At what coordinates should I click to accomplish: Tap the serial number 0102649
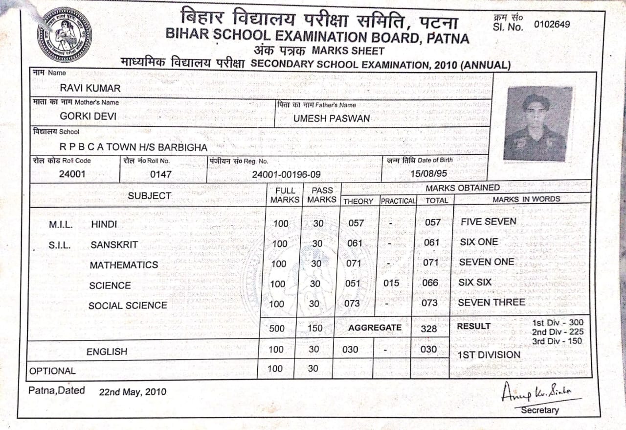pos(552,24)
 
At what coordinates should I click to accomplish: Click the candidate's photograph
pos(537,124)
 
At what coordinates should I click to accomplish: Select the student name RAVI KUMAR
pos(90,88)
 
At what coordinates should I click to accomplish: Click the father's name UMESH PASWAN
pos(332,119)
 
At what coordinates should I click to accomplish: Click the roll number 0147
pos(160,174)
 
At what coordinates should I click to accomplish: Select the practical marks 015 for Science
pos(391,283)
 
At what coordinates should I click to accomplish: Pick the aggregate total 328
pos(429,329)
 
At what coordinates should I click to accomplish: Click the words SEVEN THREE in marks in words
pos(491,303)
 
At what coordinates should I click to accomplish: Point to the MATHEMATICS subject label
pos(124,265)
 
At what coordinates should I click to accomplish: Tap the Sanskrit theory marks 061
pos(355,243)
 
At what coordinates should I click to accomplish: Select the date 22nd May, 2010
pos(133,392)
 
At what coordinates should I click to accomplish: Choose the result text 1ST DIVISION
pos(489,355)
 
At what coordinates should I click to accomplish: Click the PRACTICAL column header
pos(398,201)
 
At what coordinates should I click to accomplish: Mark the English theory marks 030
pos(350,350)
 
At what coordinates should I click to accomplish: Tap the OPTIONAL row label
pos(53,371)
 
